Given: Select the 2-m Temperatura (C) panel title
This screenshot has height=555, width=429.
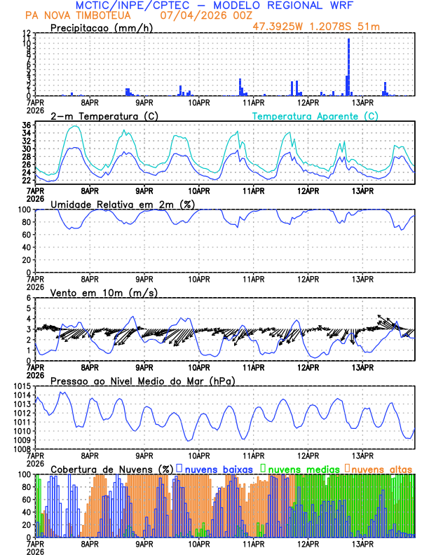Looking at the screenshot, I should click(x=95, y=116).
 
